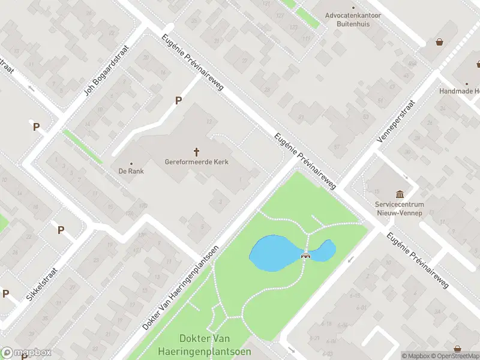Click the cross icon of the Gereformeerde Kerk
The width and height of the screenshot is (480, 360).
tap(196, 152)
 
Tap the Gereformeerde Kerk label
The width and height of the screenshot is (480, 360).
tap(197, 162)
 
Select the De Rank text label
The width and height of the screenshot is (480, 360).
tap(131, 171)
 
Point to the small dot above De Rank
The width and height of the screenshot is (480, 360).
tap(131, 163)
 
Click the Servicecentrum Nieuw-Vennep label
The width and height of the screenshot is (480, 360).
tap(400, 208)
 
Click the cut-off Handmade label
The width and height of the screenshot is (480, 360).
tap(460, 91)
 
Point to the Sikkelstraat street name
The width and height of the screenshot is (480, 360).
tap(41, 284)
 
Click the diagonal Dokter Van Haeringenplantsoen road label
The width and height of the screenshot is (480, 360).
tap(181, 287)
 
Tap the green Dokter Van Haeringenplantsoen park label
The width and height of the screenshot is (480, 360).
tap(204, 345)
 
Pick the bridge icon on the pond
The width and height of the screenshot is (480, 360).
tap(306, 256)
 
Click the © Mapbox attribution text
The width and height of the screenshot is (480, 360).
tap(415, 356)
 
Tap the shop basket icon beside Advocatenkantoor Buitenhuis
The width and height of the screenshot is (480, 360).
tap(440, 42)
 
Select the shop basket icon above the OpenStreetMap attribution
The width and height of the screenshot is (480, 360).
tap(458, 348)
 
